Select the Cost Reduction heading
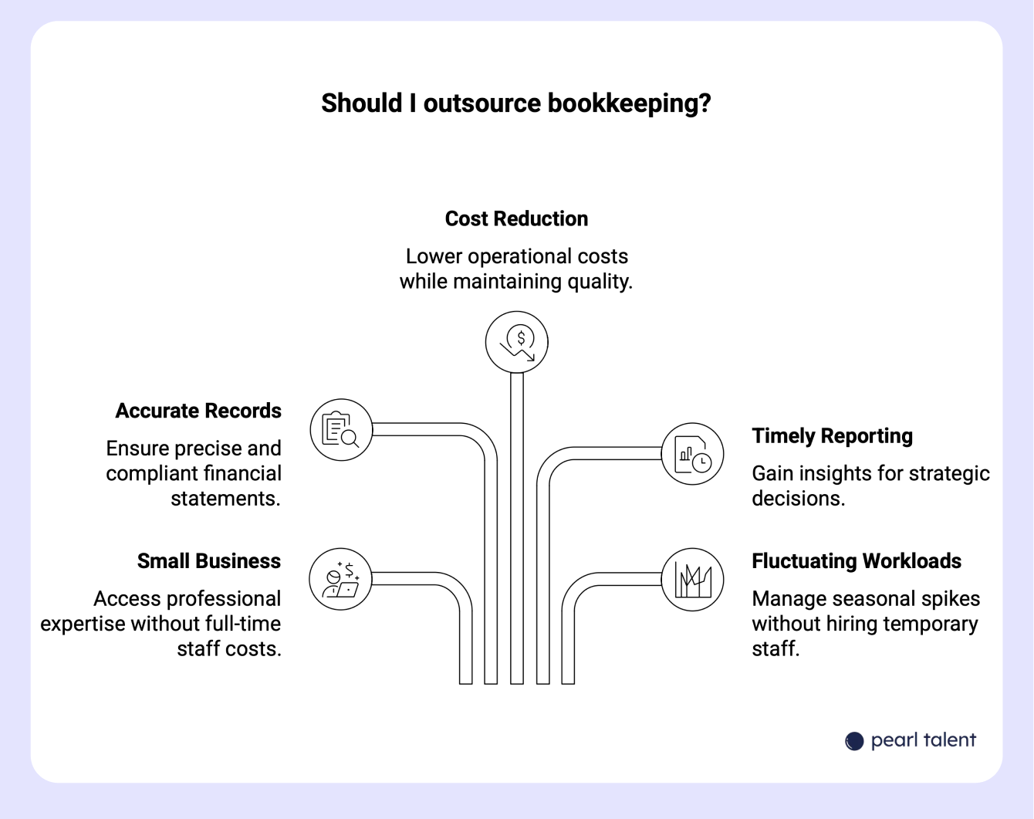pos(516,218)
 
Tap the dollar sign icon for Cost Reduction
pos(517,342)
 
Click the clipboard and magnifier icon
pos(341,430)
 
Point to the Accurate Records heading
pos(198,411)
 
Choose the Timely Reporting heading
pos(832,436)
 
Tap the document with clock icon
pos(692,454)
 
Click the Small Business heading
pos(208,561)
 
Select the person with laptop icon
pos(340,580)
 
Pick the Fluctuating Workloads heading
pos(857,561)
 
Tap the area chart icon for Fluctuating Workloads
pos(692,580)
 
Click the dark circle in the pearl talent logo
pos(854,741)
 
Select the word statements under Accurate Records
pos(225,499)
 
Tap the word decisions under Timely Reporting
pos(798,499)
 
